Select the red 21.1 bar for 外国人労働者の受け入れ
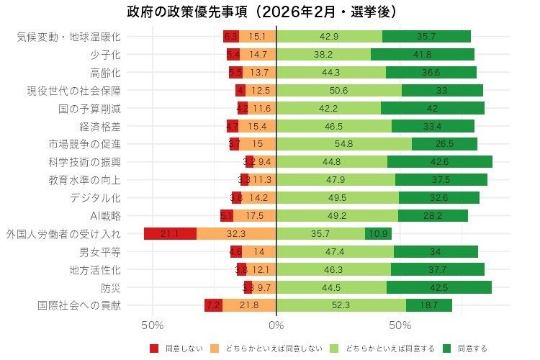click(x=170, y=233)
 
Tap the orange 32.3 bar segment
click(x=236, y=233)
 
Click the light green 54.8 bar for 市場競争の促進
click(x=344, y=143)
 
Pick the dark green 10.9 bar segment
click(x=378, y=233)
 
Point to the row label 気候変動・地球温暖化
click(x=69, y=36)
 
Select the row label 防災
click(x=111, y=287)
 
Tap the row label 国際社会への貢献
click(x=79, y=305)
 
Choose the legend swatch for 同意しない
click(x=154, y=348)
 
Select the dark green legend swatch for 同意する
click(x=447, y=348)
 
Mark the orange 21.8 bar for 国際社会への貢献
click(x=249, y=305)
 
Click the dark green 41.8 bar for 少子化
click(x=423, y=54)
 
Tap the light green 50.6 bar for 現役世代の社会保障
click(x=338, y=90)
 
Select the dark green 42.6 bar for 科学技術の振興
click(x=440, y=161)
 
